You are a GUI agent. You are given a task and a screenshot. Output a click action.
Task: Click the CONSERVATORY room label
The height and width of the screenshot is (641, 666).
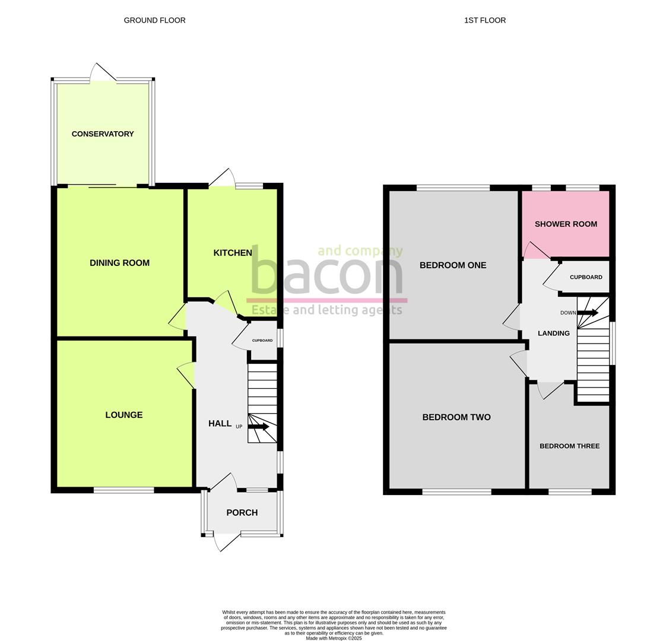coord(103,134)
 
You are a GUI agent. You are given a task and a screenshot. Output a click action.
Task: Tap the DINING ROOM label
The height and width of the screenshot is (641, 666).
coord(119,263)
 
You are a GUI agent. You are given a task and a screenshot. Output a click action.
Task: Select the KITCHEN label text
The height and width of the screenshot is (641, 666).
coord(233,253)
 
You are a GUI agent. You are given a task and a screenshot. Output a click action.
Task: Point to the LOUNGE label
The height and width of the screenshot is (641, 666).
coord(123,415)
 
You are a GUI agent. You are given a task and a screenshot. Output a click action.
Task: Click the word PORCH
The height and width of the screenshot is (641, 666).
coord(242,513)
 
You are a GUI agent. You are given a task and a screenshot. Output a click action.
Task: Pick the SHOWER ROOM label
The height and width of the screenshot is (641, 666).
coord(566,224)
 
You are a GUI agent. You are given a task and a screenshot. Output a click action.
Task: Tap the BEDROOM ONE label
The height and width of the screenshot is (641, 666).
coord(452,265)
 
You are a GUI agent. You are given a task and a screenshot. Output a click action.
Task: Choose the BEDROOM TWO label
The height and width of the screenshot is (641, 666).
coord(456,417)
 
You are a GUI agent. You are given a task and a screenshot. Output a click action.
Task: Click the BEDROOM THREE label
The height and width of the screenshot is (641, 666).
coord(569,446)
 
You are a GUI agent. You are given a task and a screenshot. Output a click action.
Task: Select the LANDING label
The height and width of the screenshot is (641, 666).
coord(553,334)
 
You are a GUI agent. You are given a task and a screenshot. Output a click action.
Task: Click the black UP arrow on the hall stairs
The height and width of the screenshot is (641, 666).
coord(258,427)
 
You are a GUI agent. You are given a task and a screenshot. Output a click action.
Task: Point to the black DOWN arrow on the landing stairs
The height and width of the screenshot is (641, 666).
coord(588,313)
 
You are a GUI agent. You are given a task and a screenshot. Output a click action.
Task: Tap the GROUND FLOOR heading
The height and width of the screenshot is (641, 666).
coord(154,20)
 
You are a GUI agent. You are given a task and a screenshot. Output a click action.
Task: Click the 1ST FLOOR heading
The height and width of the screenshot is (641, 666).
coord(485,20)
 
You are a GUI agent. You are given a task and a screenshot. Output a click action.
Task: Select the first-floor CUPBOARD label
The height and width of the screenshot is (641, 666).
coord(586,277)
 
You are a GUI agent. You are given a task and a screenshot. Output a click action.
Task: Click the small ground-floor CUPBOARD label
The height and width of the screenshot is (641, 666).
coord(262,341)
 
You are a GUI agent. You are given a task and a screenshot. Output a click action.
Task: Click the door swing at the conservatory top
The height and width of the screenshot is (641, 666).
coord(101,72)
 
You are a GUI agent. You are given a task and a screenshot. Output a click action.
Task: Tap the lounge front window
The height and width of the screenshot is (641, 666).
coord(123,490)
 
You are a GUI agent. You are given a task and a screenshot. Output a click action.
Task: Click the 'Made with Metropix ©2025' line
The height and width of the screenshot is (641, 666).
coord(334,639)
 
